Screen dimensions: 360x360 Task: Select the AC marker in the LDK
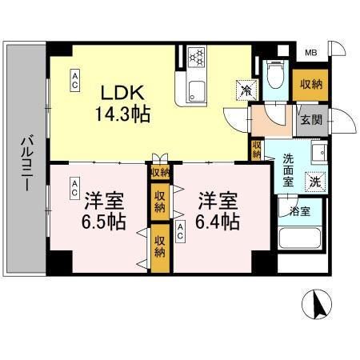coord(74,77)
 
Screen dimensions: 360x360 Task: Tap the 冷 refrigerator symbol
coord(242,90)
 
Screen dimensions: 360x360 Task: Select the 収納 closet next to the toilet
coord(312,85)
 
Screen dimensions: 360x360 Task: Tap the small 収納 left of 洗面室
coord(256,150)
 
